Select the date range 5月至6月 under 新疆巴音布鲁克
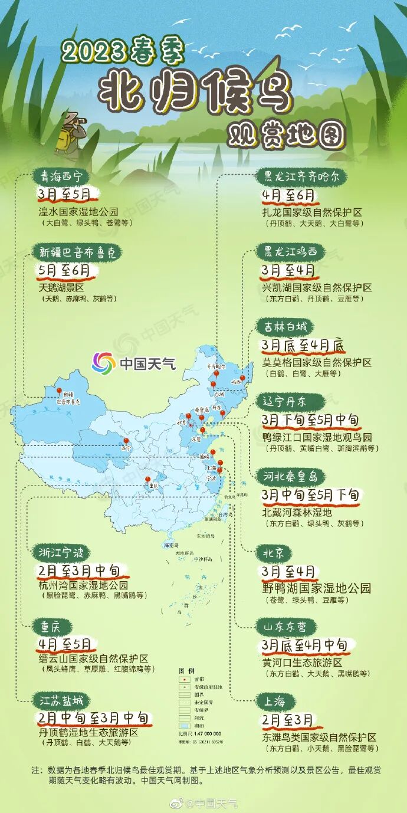coord(65,270)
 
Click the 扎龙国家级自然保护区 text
coord(311,212)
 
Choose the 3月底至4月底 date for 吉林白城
coord(303,346)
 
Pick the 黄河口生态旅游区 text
coord(302,663)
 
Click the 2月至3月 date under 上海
coord(288,721)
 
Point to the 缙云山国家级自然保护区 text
coord(94,658)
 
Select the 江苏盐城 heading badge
coord(61,700)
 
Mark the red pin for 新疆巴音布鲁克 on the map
coord(59,391)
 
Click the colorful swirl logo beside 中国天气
coord(103,363)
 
